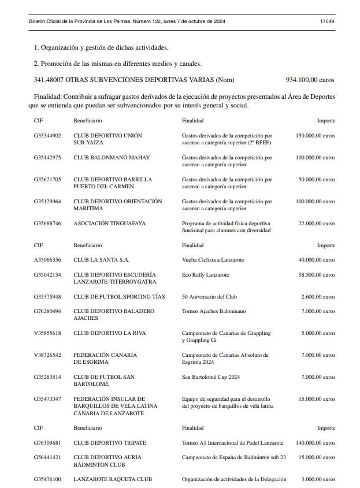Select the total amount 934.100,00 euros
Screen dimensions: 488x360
310,80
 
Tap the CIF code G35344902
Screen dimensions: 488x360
47,135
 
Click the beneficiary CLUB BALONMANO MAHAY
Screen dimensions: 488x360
108,157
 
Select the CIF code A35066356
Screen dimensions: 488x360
47,260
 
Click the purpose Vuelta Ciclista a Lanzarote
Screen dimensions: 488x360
217,260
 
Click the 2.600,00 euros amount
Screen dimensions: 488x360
318,297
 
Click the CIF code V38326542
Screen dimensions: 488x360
47,355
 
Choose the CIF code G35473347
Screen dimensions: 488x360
47,399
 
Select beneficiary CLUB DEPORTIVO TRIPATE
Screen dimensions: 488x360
110,443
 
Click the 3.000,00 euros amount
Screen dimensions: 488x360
318,479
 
